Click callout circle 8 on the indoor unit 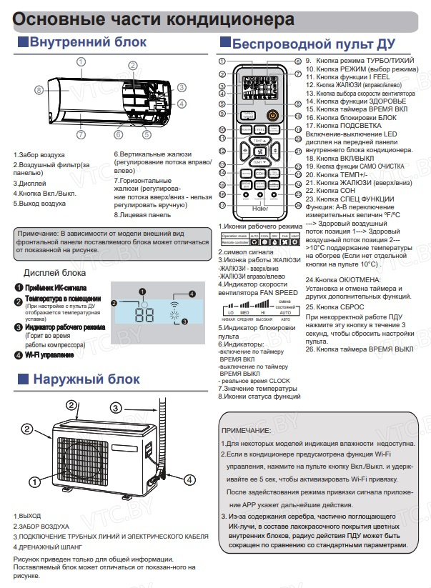pyautogui.click(x=39, y=90)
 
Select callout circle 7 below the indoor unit pyautogui.click(x=81, y=134)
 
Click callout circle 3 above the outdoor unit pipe pyautogui.click(x=114, y=408)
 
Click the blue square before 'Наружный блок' pyautogui.click(x=20, y=380)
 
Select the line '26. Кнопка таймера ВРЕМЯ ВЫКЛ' pyautogui.click(x=359, y=349)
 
